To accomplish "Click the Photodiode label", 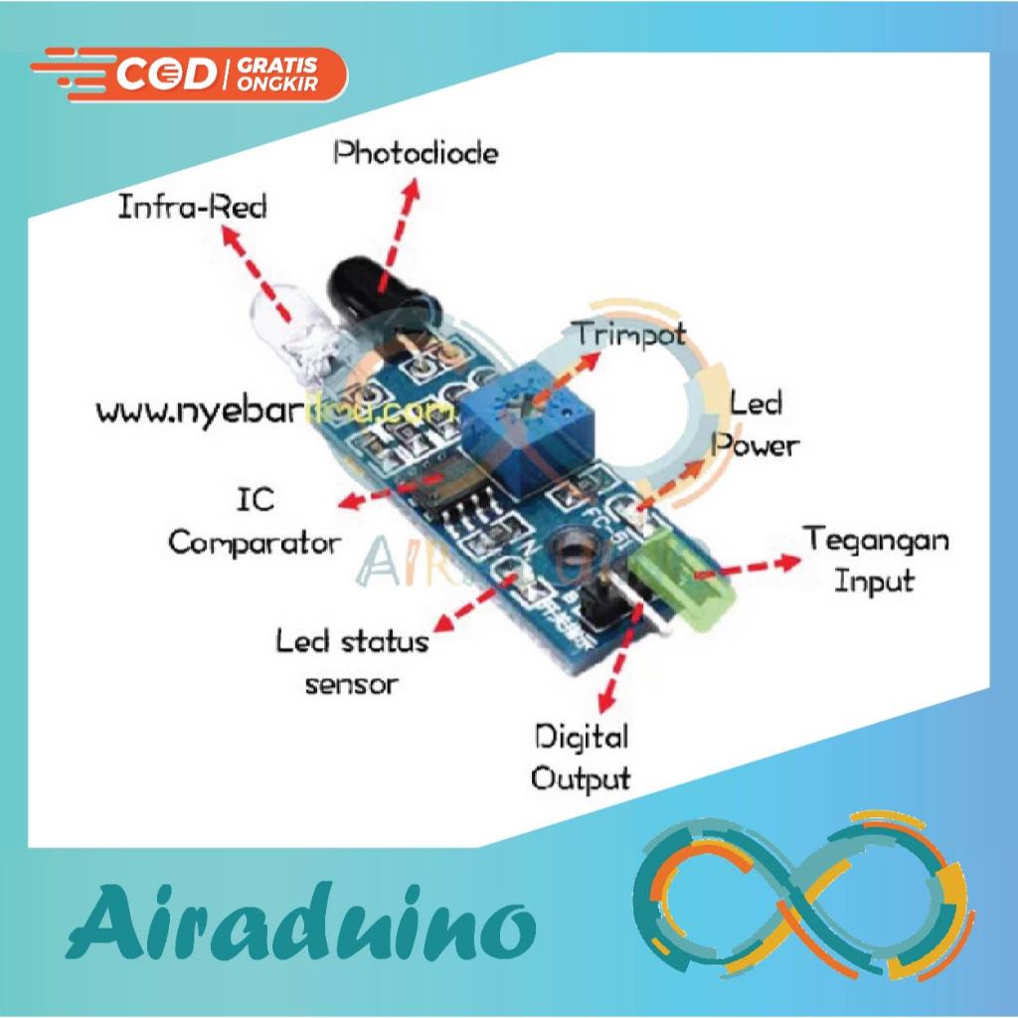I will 415,154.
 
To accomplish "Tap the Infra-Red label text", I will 193,209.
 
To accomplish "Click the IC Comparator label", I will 254,523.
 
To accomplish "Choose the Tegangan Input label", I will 875,560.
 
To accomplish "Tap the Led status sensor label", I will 352,661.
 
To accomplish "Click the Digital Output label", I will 581,757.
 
